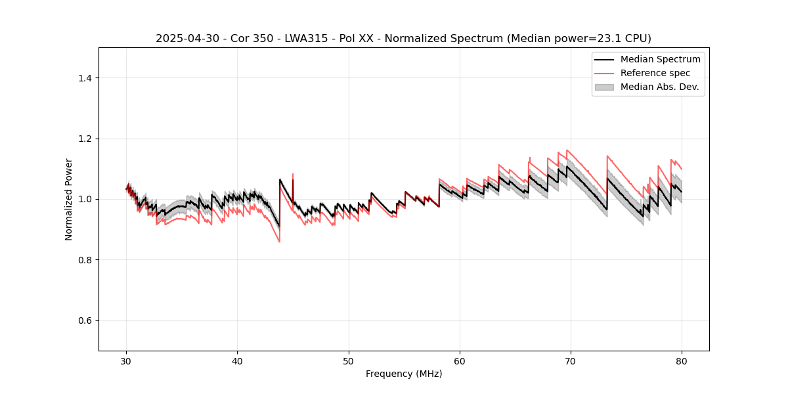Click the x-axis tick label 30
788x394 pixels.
point(126,361)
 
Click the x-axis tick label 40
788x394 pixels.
point(237,361)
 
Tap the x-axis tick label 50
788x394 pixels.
point(349,361)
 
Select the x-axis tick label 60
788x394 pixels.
point(460,361)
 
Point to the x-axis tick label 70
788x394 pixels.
point(571,361)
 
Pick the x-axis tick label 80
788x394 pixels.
point(682,361)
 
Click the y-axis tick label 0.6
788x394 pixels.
point(85,320)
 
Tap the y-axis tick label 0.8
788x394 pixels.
point(85,260)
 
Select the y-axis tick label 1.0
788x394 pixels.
point(85,199)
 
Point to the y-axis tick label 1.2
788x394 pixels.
point(85,139)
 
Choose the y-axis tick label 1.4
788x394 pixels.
point(85,78)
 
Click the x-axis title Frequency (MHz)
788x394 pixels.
point(404,374)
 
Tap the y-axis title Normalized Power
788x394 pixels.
point(69,199)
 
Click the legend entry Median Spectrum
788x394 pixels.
point(660,59)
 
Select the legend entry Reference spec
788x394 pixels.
point(655,73)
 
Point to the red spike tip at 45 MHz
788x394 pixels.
point(293,174)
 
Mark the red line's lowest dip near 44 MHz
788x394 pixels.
point(279,242)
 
